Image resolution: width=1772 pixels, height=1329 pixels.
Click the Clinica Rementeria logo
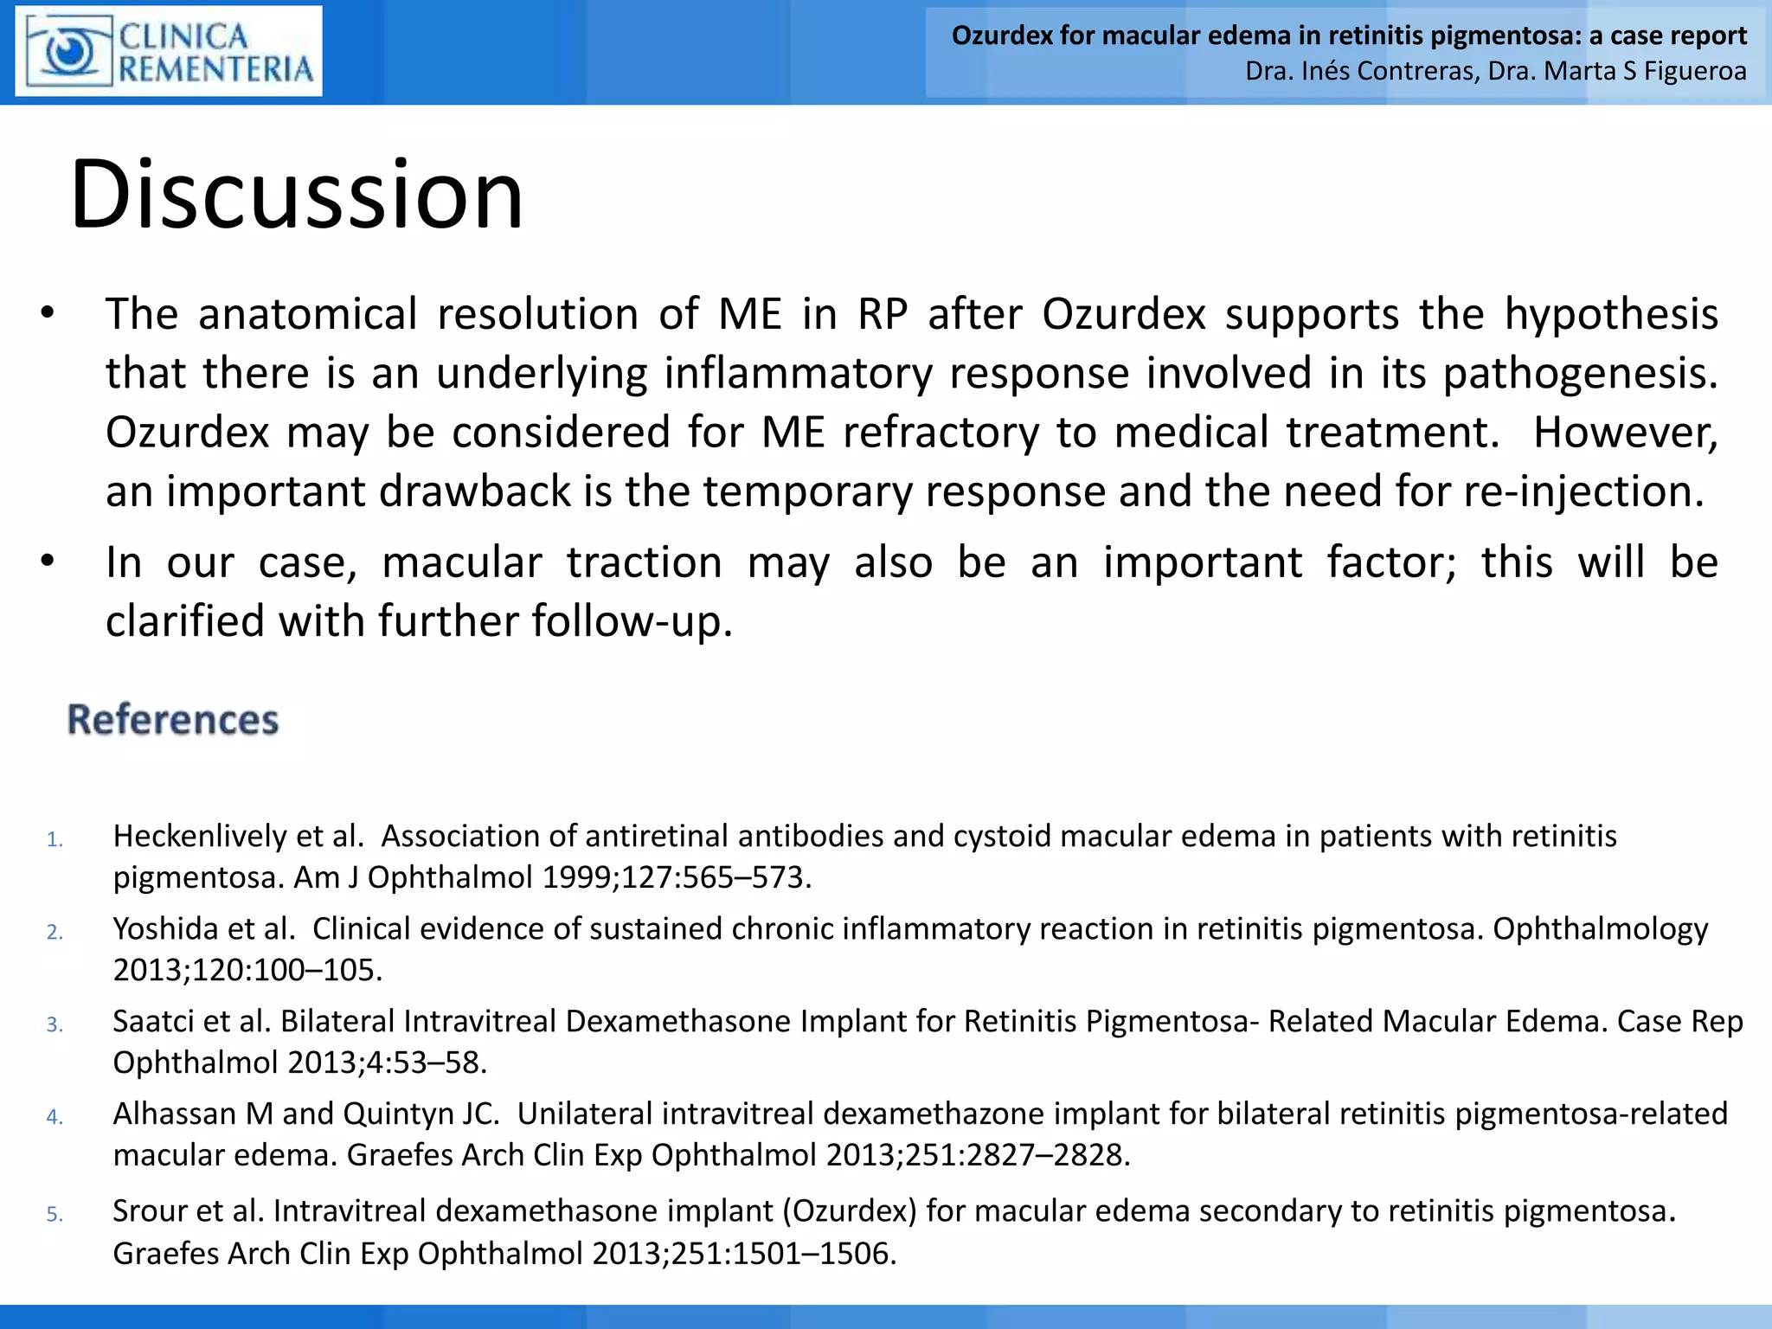coord(169,51)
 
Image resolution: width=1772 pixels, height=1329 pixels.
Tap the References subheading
coord(173,720)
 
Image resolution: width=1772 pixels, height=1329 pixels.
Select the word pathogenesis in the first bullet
coord(1580,374)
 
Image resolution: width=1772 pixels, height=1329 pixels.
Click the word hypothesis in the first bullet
coord(1611,314)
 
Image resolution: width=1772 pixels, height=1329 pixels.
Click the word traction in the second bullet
coord(645,562)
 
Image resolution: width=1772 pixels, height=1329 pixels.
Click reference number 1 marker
coord(55,839)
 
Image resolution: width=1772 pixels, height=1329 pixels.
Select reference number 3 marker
coord(55,1024)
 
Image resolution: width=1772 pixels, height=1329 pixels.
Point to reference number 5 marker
coord(55,1214)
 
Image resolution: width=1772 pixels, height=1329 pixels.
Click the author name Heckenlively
coord(200,837)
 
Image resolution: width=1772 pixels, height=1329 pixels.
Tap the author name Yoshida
coord(164,929)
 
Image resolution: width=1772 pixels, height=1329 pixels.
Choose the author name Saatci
coord(153,1022)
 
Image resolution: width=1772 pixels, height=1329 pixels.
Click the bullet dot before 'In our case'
coord(48,562)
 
